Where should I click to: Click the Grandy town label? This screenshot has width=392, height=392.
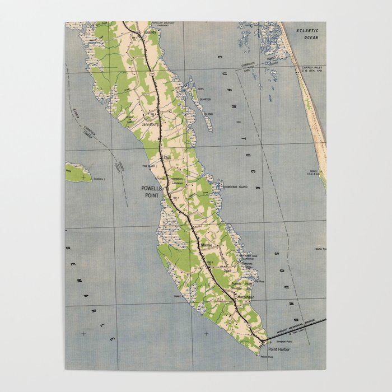click(151, 33)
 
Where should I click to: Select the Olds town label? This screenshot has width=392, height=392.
click(167, 158)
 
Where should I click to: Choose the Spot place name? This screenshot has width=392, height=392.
click(227, 270)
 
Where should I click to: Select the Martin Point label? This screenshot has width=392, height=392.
click(320, 248)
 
